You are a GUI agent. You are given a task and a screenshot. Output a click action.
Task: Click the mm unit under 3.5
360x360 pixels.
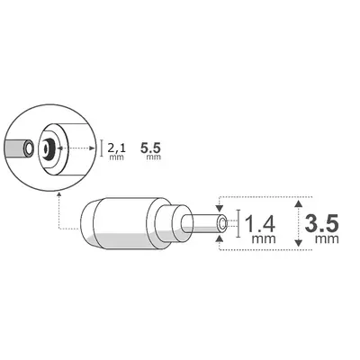click(x=325, y=241)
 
